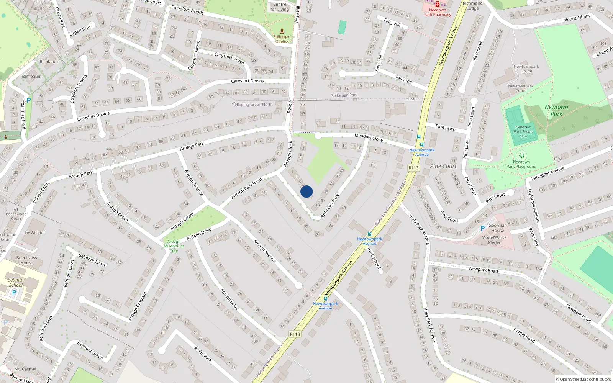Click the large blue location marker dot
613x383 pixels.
point(306,191)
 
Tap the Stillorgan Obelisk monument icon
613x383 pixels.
point(282,31)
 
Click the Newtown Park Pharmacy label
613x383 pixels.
point(438,13)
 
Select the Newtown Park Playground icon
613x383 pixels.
point(521,156)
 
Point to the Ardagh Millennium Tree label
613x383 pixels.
point(174,246)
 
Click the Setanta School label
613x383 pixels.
point(16,283)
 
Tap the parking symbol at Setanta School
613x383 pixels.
point(14,293)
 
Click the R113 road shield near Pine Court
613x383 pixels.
point(413,168)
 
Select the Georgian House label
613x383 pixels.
point(498,228)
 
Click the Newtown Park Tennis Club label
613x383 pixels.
point(523,132)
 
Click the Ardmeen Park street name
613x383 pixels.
point(330,206)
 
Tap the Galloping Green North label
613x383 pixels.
point(252,104)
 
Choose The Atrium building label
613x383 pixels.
point(34,232)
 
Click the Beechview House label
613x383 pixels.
point(27,260)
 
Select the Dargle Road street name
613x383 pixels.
point(524,336)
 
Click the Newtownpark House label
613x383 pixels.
point(526,69)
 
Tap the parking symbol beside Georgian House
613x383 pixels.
point(483,228)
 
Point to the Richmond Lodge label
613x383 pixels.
point(473,6)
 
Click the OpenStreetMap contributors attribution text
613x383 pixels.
point(585,380)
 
